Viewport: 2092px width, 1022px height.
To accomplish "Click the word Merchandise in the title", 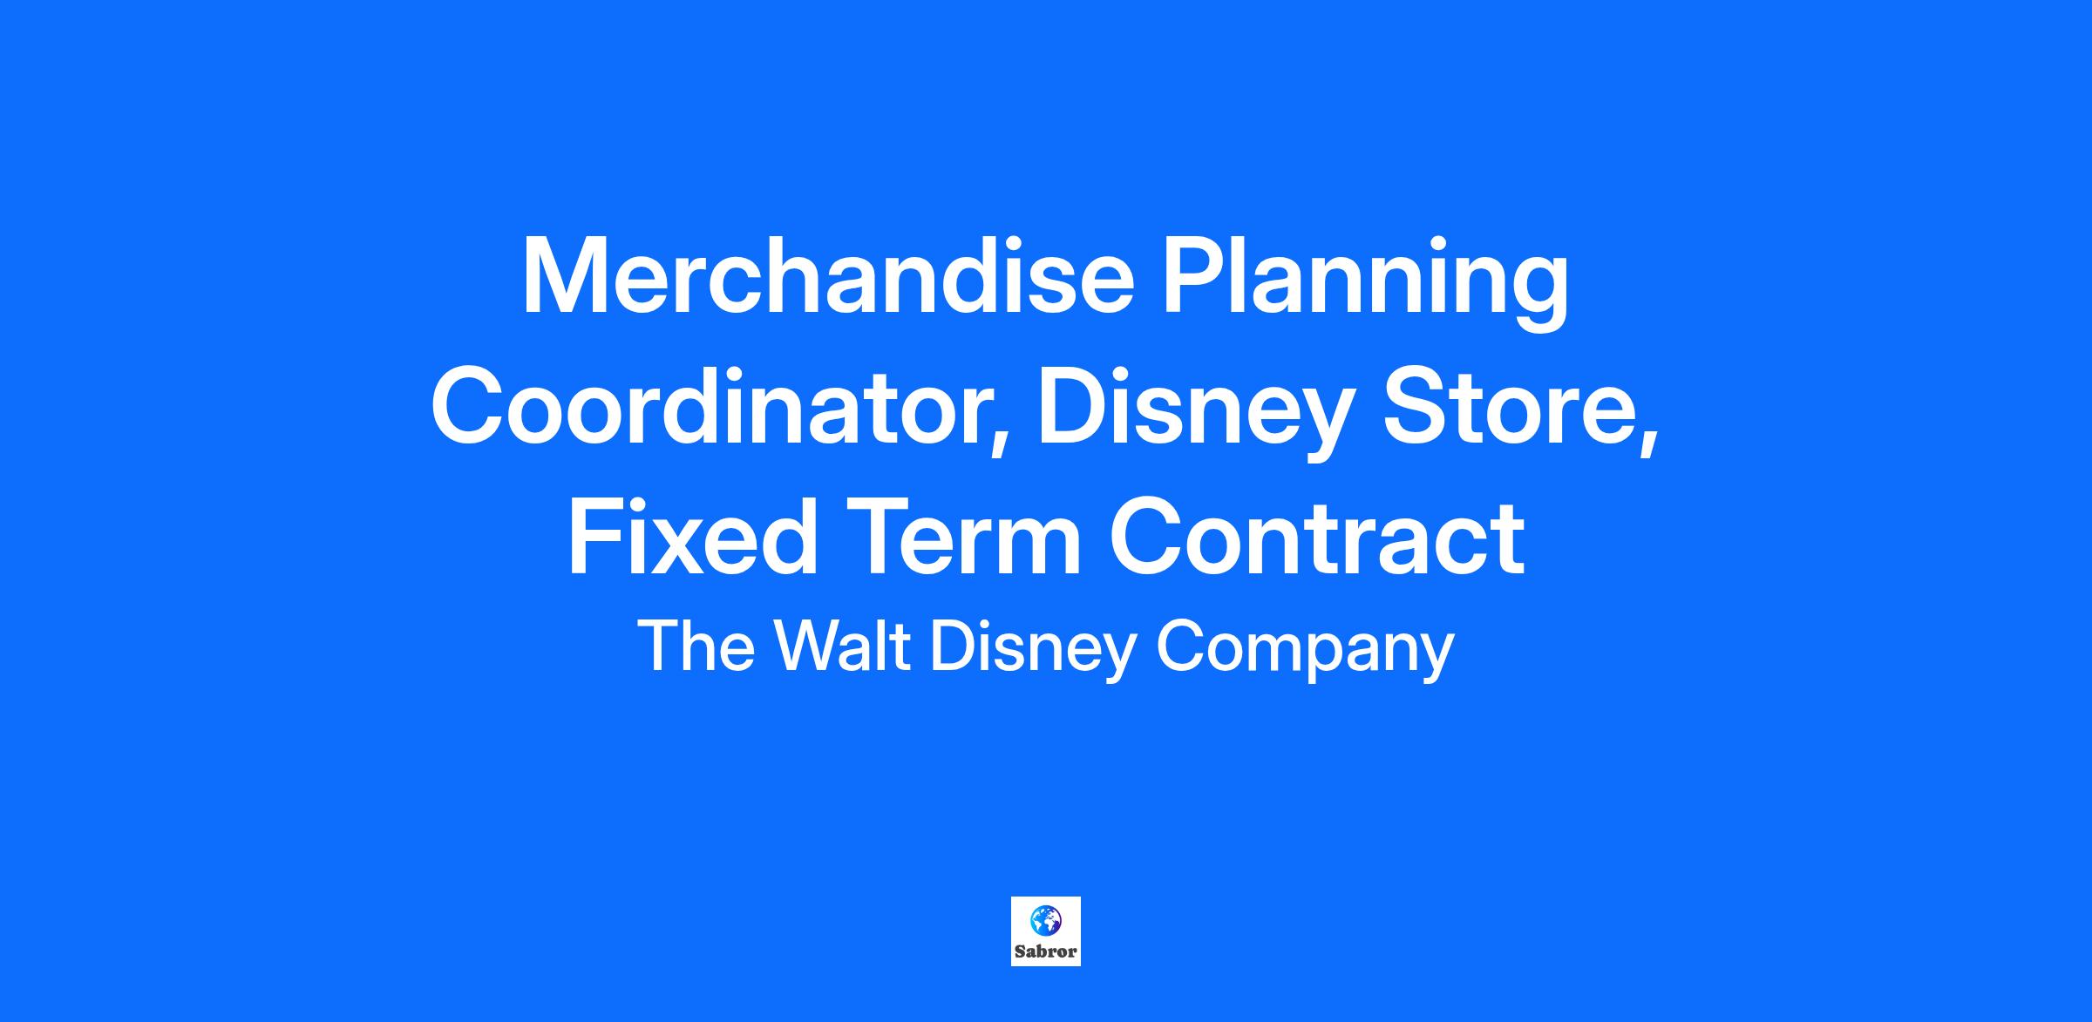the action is tap(828, 276).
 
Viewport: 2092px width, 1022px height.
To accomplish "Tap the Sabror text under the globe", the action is tap(1046, 951).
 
